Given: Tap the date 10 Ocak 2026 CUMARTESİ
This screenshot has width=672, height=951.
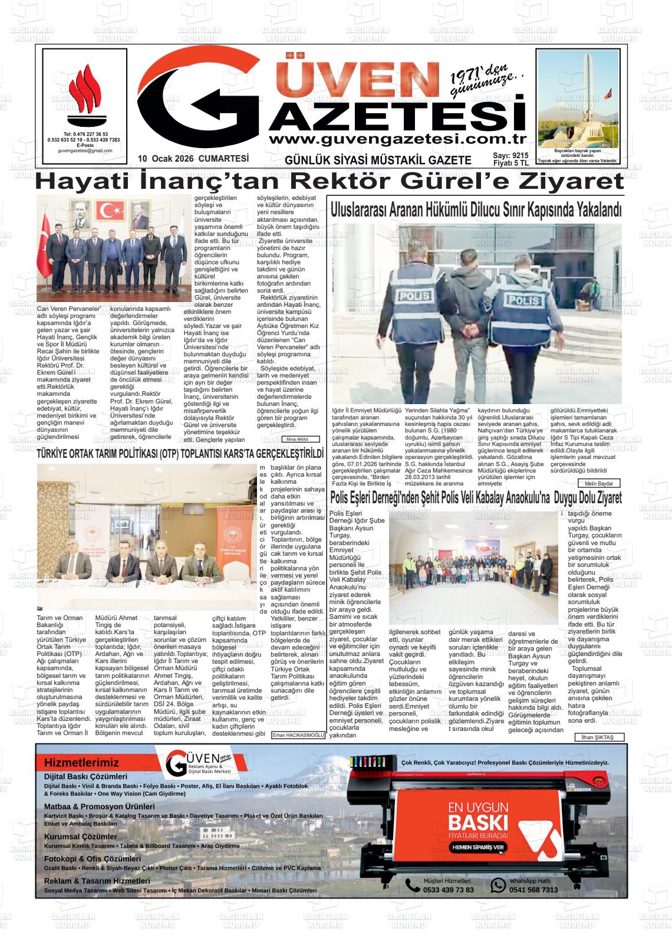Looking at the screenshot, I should pos(193,159).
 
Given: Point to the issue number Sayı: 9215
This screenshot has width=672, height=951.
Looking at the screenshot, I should pos(510,155).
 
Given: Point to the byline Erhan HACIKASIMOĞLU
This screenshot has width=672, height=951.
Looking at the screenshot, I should pos(298,735).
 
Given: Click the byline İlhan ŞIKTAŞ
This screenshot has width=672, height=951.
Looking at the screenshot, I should pos(598,737).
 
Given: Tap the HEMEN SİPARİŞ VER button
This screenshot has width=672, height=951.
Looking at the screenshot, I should pos(478,847).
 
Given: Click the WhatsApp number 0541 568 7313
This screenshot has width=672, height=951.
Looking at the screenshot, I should pos(533,890).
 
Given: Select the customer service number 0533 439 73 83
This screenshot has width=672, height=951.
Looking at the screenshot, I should pos(448,890).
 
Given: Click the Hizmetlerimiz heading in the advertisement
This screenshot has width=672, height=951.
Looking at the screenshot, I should pos(81,763).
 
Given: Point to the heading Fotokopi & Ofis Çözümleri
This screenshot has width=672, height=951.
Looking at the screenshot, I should pos(93,859).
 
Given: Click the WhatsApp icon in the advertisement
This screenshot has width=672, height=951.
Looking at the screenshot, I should pos(498,885).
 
